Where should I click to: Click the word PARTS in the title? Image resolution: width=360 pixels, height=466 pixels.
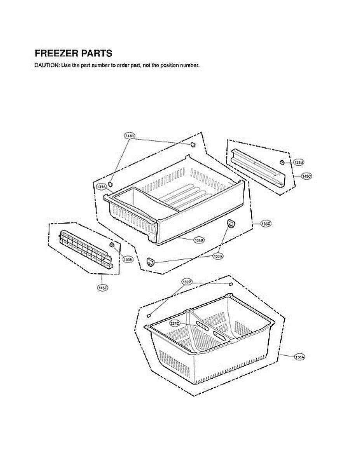(97, 53)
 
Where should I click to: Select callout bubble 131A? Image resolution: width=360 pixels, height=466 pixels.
(101, 187)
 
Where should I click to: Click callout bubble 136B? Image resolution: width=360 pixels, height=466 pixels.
(198, 240)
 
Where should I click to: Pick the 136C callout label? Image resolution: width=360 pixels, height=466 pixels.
(266, 224)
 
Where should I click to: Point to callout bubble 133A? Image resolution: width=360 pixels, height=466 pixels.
(218, 256)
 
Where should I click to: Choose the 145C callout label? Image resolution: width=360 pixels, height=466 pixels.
(306, 176)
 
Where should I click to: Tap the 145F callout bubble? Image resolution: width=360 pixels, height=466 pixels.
(102, 288)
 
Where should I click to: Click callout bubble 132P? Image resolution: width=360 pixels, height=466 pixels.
(187, 282)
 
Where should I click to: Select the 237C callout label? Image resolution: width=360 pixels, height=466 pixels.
(175, 323)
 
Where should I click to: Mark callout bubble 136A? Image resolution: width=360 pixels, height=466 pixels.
(299, 356)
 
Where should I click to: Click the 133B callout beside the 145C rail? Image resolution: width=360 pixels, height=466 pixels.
(298, 162)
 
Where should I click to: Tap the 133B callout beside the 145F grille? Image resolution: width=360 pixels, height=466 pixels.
(127, 259)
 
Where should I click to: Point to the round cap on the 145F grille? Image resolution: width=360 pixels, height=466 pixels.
(112, 245)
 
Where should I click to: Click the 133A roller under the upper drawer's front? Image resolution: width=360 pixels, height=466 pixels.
(150, 262)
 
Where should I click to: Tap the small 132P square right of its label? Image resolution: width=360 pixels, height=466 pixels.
(230, 284)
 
